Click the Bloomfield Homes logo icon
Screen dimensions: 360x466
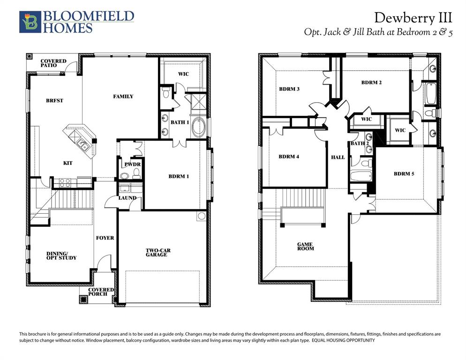tap(30, 22)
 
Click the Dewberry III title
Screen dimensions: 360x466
tap(413, 18)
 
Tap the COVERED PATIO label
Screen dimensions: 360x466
tap(53, 63)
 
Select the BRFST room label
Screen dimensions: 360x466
tap(54, 100)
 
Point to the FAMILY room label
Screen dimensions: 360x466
tap(123, 97)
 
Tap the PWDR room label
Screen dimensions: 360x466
tap(128, 165)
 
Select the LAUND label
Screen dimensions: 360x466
tap(127, 198)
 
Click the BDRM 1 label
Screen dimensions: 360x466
tap(179, 177)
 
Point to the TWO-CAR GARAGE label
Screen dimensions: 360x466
tap(158, 253)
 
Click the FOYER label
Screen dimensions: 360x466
tap(105, 238)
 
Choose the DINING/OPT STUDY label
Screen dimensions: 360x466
tap(61, 255)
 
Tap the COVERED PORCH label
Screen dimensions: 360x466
tap(102, 292)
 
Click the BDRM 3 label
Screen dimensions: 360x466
tap(289, 89)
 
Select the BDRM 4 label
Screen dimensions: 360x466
tap(289, 157)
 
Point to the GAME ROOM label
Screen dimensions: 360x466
tap(306, 246)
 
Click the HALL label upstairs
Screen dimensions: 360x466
tap(338, 157)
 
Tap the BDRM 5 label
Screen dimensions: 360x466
tap(404, 173)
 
